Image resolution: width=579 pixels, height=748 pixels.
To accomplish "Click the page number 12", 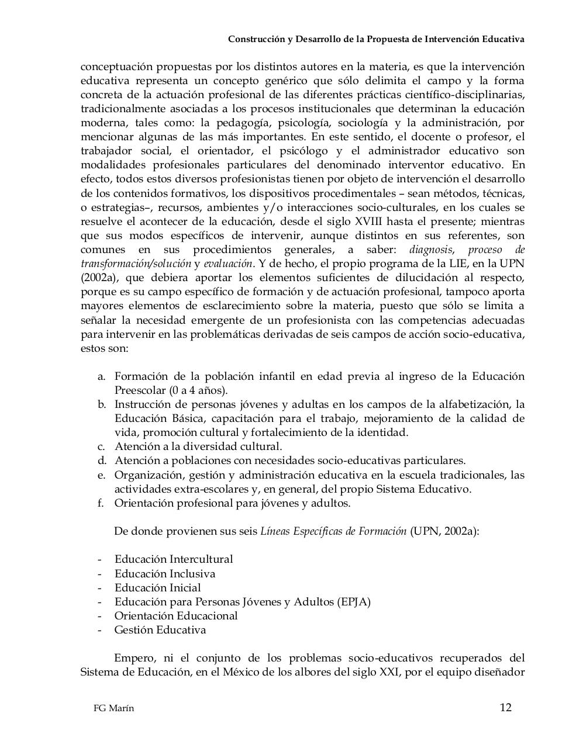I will click(x=505, y=708).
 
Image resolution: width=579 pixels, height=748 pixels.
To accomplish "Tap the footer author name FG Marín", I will click(x=113, y=708).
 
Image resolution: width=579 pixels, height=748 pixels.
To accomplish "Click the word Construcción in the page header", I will click(x=254, y=39).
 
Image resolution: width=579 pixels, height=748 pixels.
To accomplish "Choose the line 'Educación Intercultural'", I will click(x=174, y=559).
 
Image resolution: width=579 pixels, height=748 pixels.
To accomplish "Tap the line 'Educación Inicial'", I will click(x=157, y=588).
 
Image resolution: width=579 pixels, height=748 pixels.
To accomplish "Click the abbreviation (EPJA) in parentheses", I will click(x=354, y=602).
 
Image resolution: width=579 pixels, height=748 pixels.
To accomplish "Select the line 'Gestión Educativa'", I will click(x=160, y=630).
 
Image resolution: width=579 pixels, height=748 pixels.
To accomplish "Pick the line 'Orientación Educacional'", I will click(x=176, y=616).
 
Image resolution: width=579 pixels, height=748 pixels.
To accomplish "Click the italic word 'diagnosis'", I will click(x=431, y=250).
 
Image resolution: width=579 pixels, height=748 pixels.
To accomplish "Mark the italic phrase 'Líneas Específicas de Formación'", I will click(x=333, y=531).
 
